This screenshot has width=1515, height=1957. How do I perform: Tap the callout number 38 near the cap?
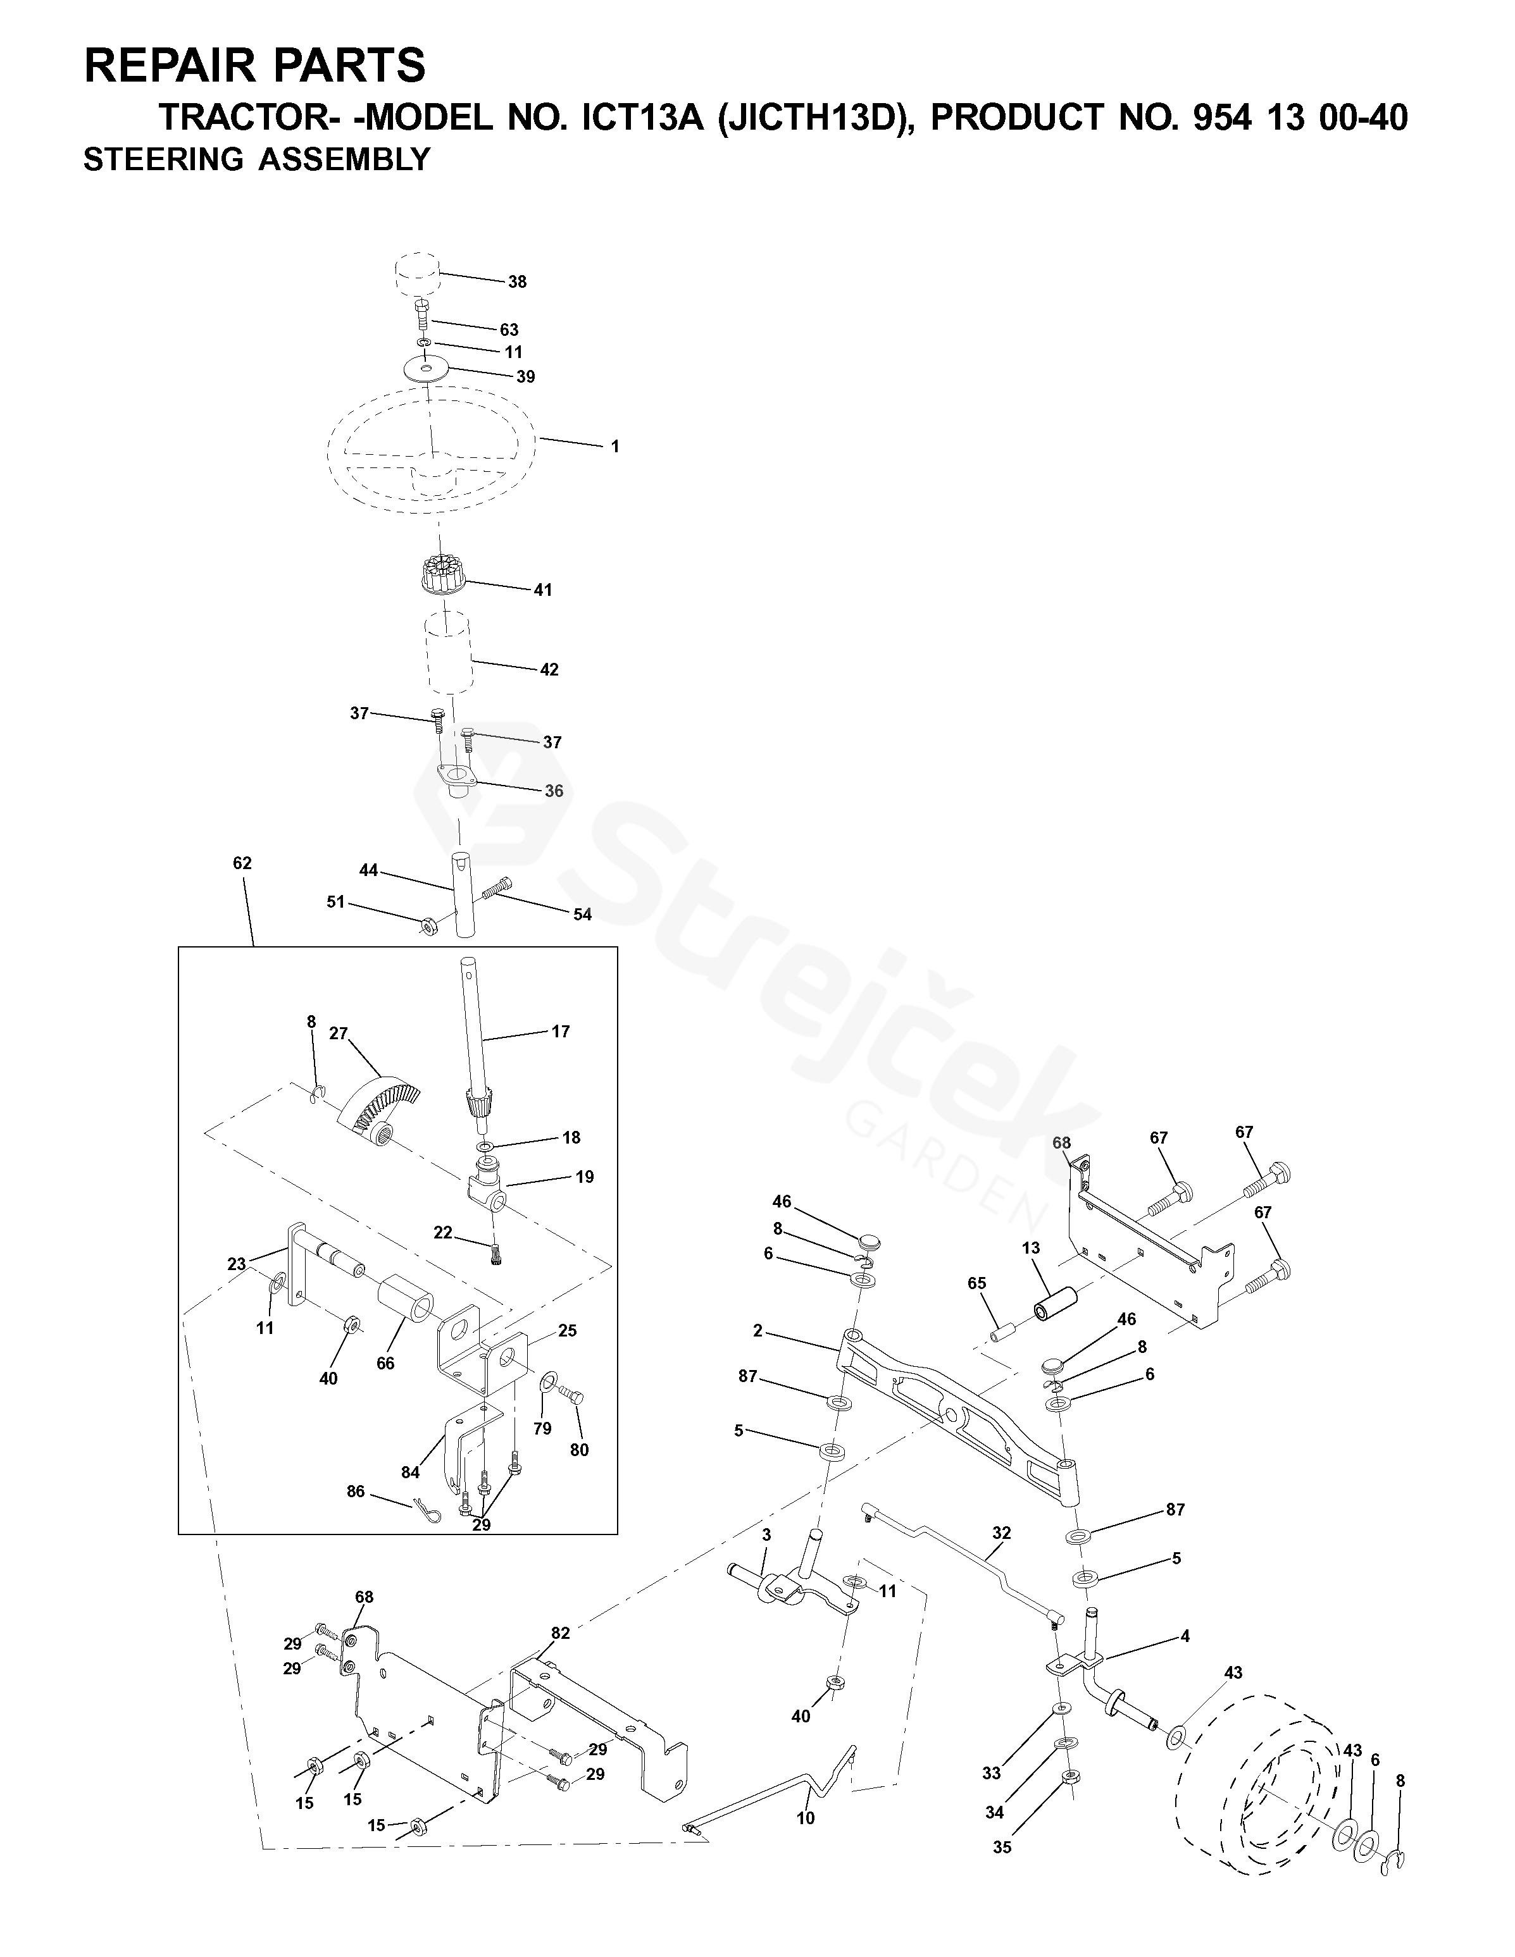pyautogui.click(x=517, y=281)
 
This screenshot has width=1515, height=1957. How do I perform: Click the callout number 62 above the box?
pyautogui.click(x=242, y=863)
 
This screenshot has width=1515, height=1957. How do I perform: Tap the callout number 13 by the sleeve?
pyautogui.click(x=1031, y=1247)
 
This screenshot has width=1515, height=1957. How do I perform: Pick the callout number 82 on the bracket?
pyautogui.click(x=560, y=1633)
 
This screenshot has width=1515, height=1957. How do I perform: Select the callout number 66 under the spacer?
pyautogui.click(x=385, y=1363)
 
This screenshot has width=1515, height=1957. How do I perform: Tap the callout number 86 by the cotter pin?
pyautogui.click(x=356, y=1491)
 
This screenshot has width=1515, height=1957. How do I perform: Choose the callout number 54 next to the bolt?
pyautogui.click(x=583, y=914)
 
